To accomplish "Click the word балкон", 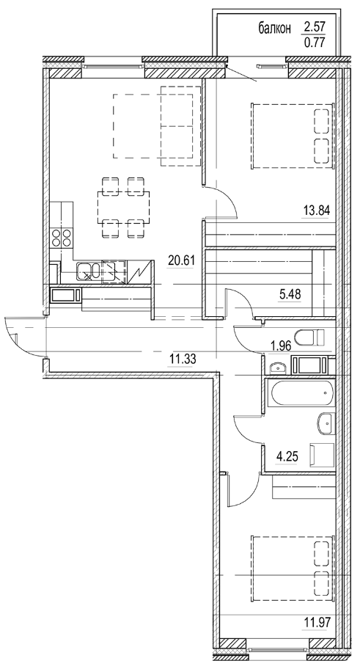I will pyautogui.click(x=275, y=29).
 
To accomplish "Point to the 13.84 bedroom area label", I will pyautogui.click(x=317, y=210).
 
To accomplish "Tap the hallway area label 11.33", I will pyautogui.click(x=183, y=358).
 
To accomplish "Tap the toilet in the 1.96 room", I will pyautogui.click(x=317, y=338).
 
